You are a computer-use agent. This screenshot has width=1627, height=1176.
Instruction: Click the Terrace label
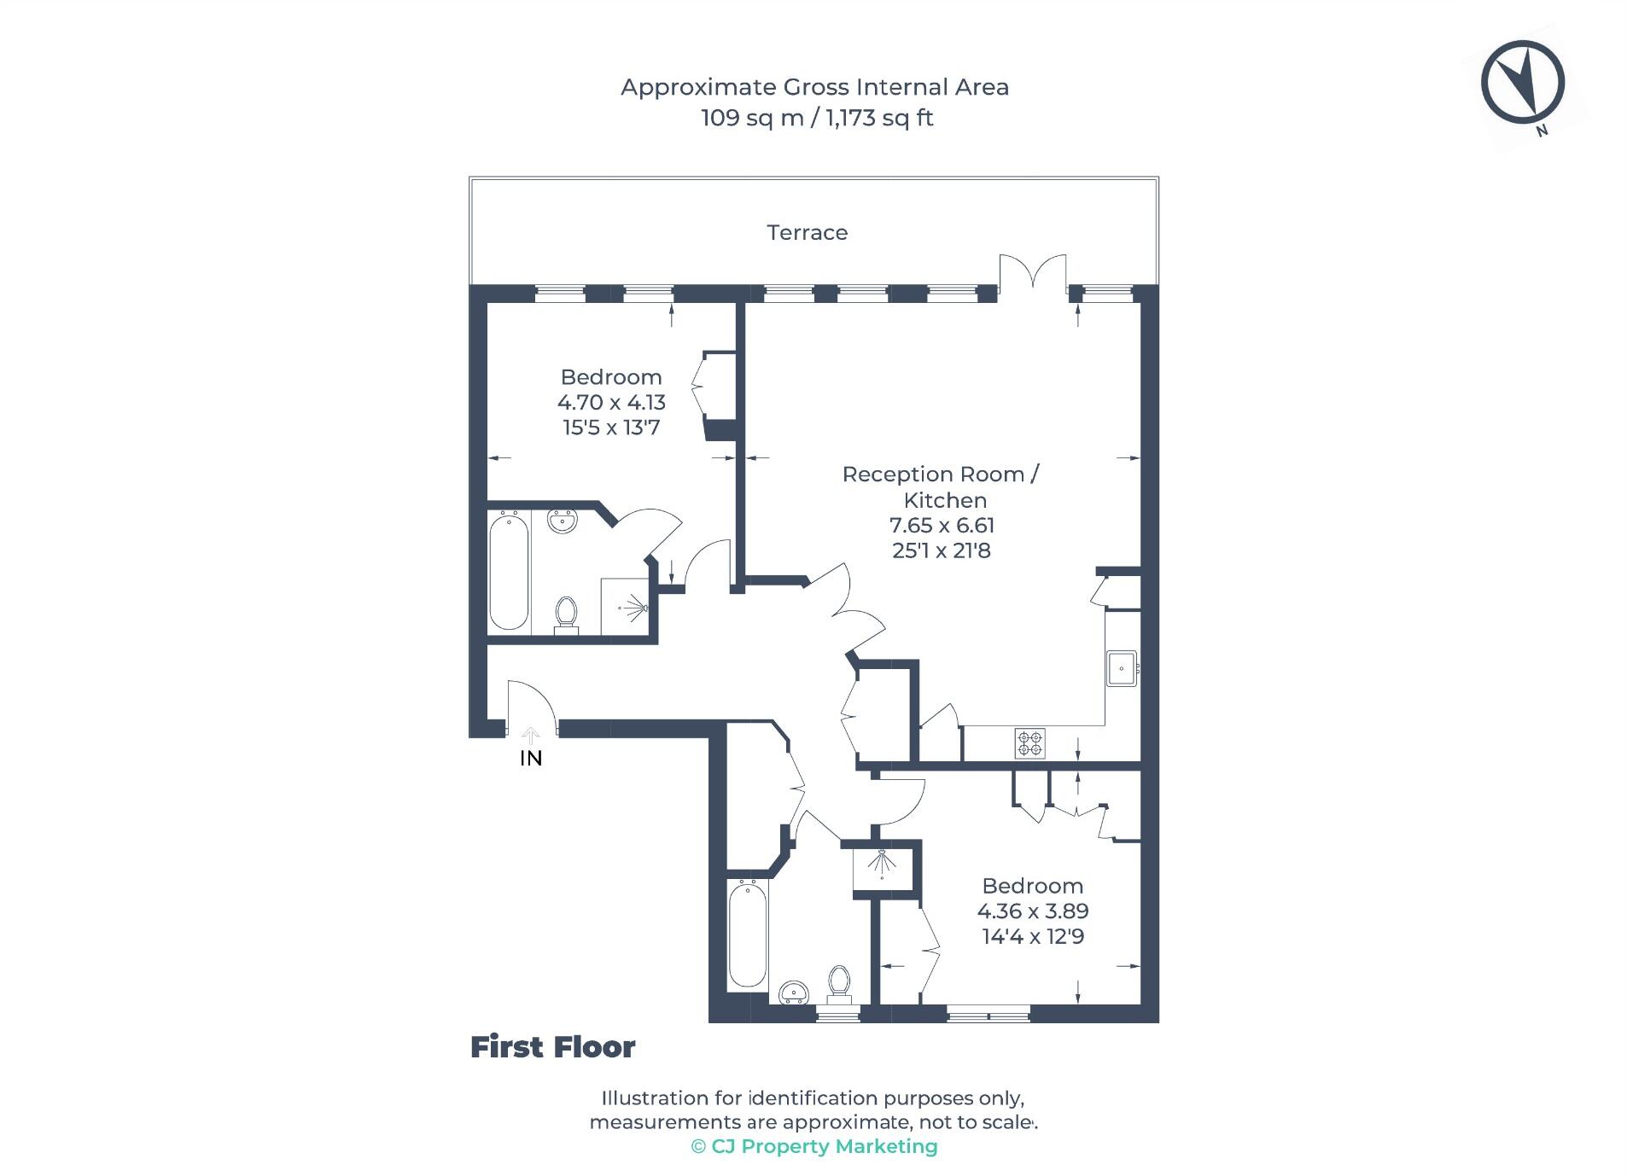807,232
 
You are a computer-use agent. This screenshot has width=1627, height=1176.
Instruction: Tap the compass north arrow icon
1521,83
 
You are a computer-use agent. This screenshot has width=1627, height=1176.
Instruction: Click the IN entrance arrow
530,735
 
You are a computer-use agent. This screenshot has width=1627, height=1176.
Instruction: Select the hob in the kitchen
1029,742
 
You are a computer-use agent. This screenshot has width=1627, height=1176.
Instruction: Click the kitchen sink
1121,668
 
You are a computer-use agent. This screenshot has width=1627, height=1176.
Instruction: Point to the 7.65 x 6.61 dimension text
942,525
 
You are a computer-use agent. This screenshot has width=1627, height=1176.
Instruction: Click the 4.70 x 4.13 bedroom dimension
611,402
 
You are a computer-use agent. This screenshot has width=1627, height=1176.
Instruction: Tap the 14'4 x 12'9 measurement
1033,936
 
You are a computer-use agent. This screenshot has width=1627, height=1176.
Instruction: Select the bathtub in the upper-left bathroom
509,571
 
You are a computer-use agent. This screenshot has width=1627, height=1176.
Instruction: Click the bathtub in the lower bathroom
747,934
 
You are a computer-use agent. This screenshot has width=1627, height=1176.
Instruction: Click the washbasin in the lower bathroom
795,993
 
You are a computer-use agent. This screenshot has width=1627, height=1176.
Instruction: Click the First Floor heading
552,1047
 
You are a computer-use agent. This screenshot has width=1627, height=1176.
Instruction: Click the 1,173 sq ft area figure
879,118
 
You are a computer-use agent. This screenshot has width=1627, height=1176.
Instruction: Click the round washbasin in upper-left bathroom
562,520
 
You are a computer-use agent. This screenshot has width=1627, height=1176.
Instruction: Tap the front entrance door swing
531,704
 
